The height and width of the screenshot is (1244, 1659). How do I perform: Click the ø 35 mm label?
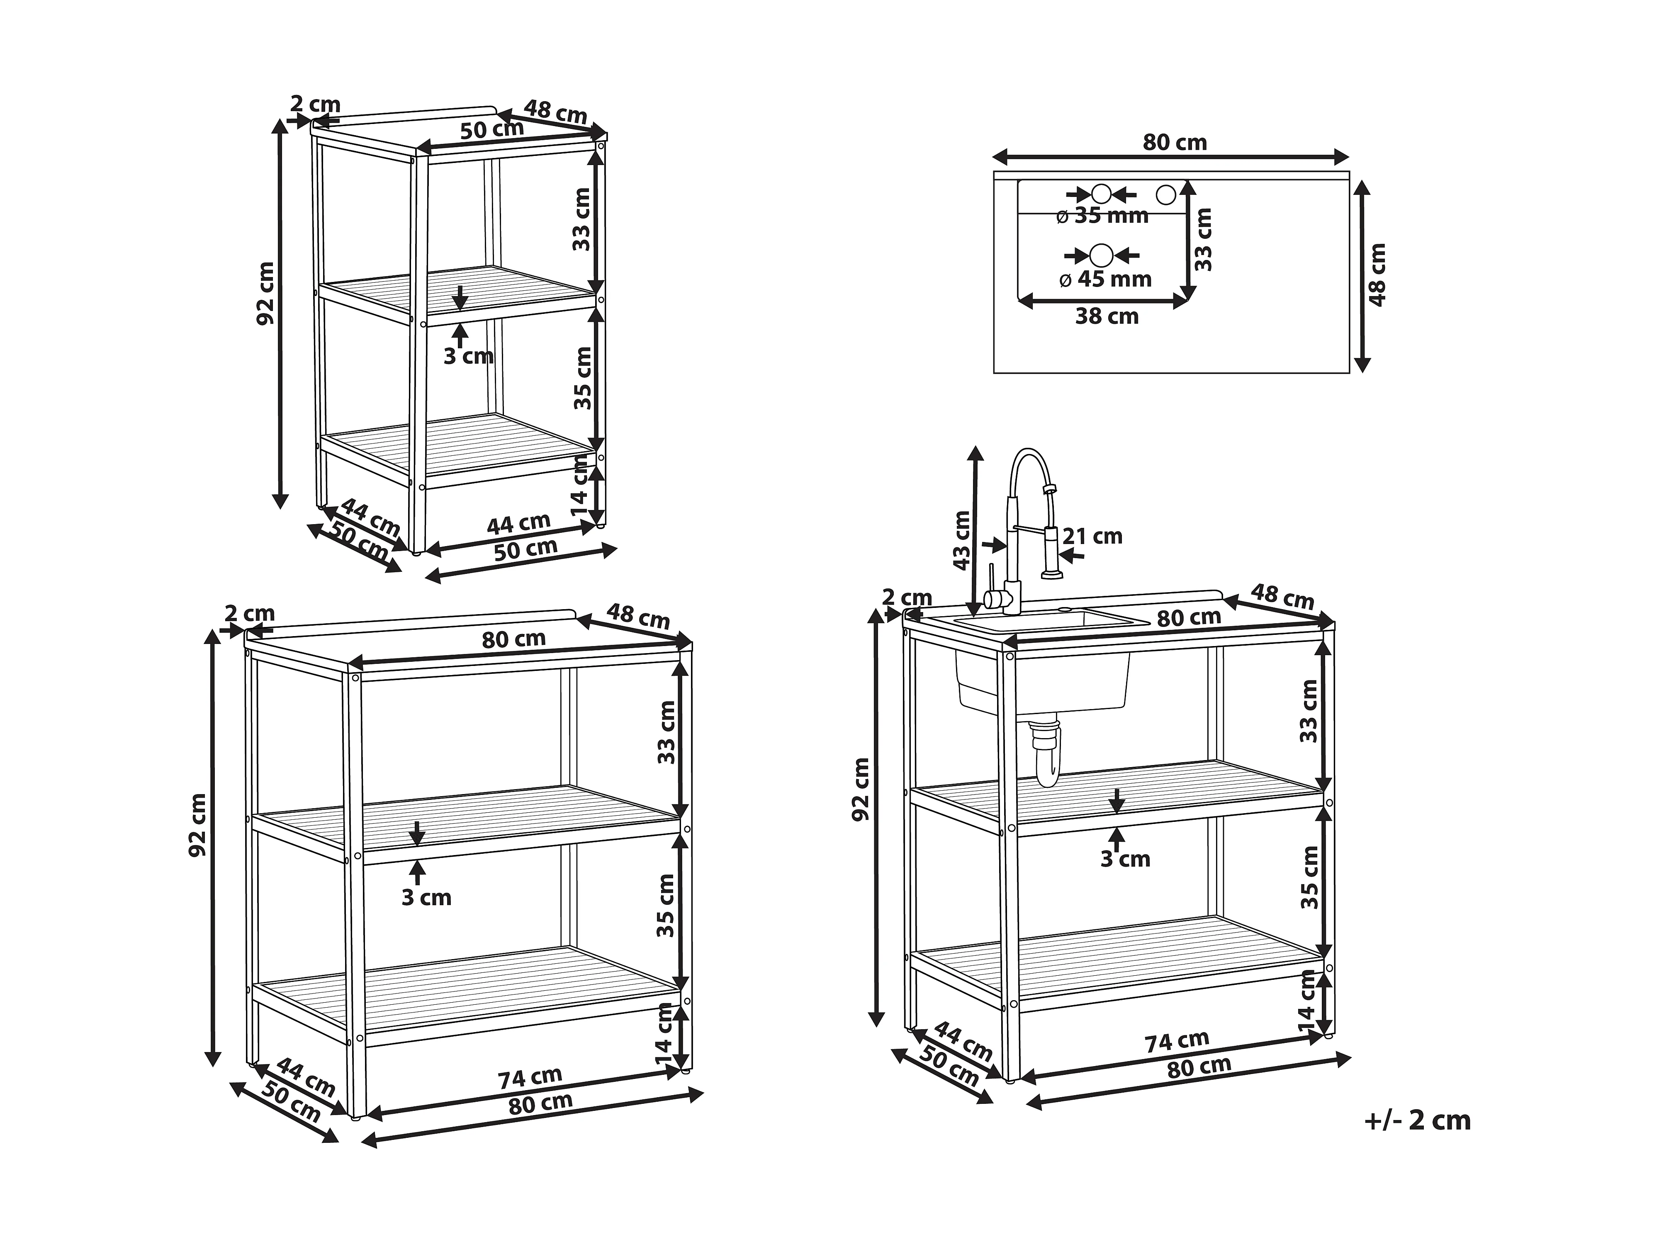tap(1102, 216)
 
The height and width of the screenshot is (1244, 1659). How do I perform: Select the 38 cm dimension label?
tap(1107, 316)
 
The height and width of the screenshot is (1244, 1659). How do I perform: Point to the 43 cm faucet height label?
tap(961, 540)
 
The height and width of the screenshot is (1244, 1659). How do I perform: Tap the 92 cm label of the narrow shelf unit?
tap(266, 292)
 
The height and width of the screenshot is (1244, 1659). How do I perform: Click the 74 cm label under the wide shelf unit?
tap(530, 1078)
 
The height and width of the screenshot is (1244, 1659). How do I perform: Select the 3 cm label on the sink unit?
tap(1125, 859)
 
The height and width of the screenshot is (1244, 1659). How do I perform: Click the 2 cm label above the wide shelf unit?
tap(250, 613)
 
